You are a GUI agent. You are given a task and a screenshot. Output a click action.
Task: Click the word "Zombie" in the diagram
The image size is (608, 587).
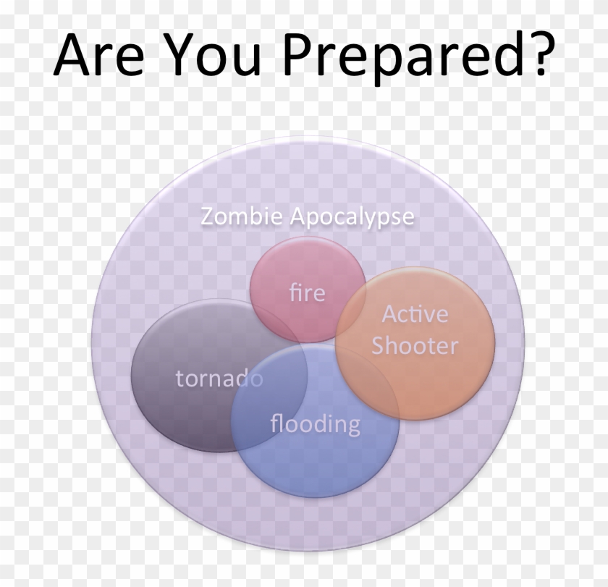[x=242, y=216]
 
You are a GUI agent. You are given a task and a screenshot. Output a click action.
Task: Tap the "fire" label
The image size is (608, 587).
[x=307, y=293]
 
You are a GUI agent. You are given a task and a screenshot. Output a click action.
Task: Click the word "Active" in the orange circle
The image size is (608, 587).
[x=415, y=314]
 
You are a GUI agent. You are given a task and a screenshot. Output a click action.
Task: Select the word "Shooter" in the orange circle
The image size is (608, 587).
[x=415, y=346]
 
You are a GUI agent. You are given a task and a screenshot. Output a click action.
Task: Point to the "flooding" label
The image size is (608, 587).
[x=315, y=423]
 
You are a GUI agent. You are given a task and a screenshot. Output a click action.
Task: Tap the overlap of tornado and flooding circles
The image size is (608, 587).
[x=268, y=405]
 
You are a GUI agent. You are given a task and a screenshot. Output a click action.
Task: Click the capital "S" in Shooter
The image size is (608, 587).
[x=380, y=346]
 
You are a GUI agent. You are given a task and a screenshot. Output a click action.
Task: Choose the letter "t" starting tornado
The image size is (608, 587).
[x=180, y=378]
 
